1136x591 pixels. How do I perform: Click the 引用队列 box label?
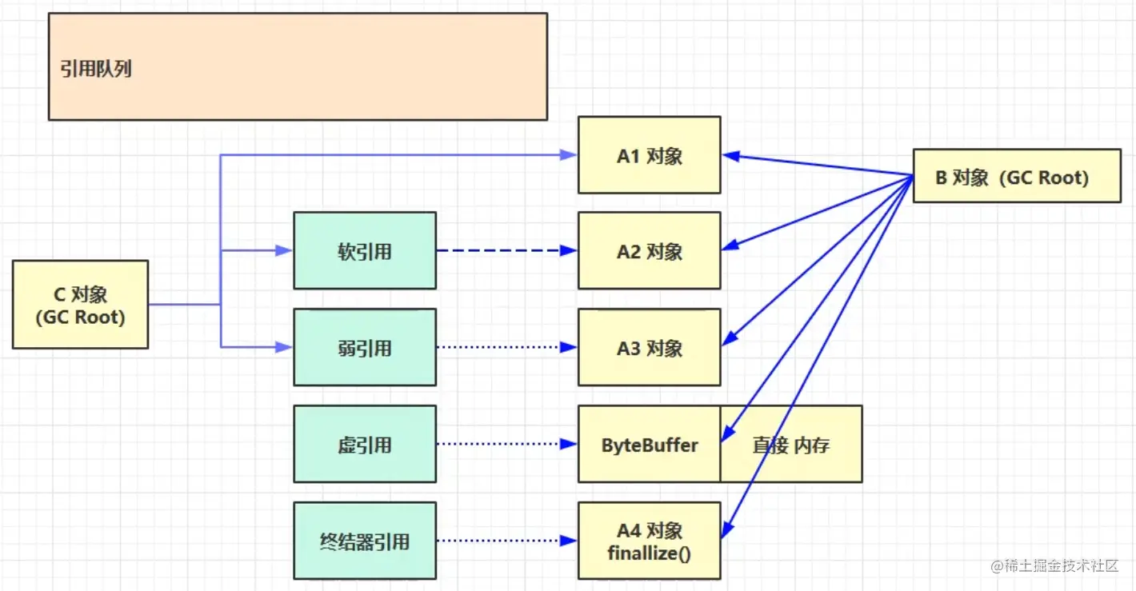(96, 69)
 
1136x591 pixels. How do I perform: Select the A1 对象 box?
(649, 155)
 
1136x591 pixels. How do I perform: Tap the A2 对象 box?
(649, 251)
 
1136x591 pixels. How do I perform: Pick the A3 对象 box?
(649, 348)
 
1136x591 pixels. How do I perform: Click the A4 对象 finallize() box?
(649, 541)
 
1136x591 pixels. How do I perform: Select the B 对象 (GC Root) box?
(1016, 176)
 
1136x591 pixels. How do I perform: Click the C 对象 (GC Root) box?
(80, 305)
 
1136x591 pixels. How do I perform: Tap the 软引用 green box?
(364, 251)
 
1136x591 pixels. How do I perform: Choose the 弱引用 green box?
(364, 348)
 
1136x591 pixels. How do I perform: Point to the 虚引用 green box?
(364, 444)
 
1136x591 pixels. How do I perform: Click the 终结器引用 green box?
(364, 541)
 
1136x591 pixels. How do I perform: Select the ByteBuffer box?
(649, 444)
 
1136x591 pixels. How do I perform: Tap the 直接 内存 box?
(791, 444)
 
